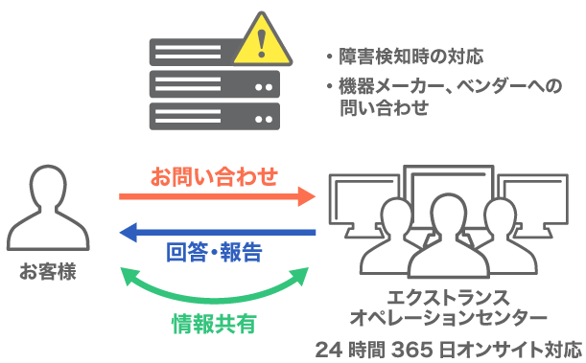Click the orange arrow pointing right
(x=217, y=197)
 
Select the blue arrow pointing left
(x=217, y=233)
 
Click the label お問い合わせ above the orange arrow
(x=214, y=176)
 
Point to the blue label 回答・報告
(x=214, y=253)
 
